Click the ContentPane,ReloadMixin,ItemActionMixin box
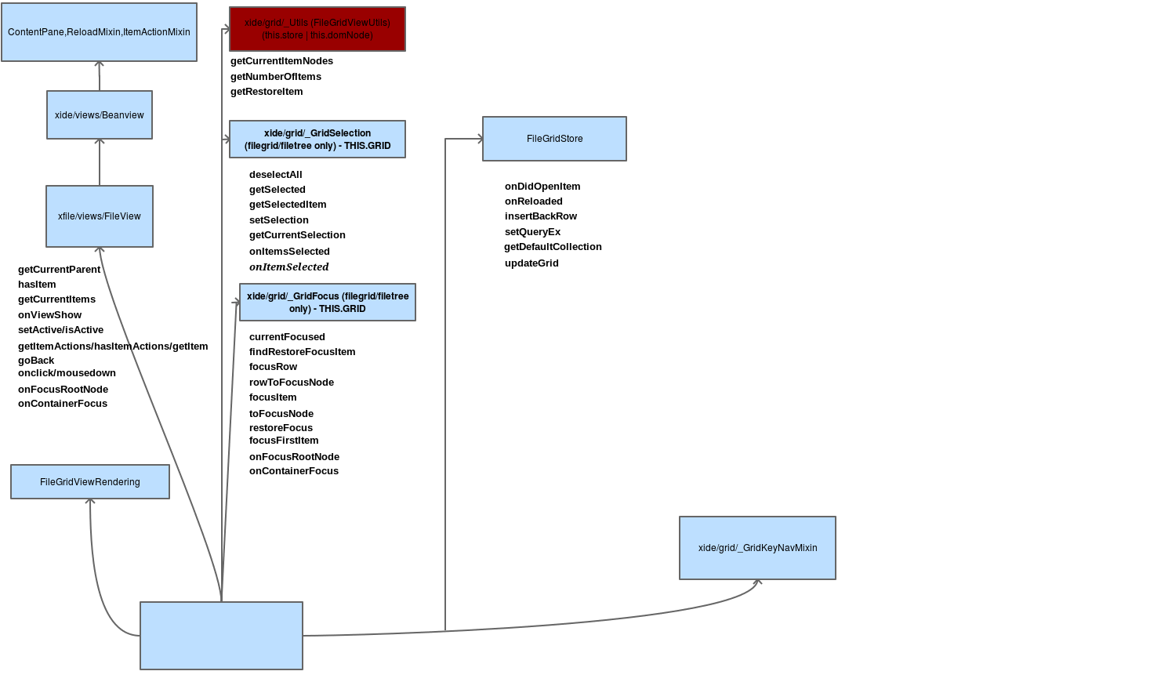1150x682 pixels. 99,32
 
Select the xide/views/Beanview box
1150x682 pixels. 100,115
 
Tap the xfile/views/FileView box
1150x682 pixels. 100,216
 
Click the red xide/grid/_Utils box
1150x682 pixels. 317,29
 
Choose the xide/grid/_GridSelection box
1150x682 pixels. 317,139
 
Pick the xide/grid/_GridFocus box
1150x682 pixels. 327,302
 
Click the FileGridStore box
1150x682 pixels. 554,139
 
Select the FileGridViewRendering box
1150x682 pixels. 90,481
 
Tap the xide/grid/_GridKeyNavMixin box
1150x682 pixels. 757,548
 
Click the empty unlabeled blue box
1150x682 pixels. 221,636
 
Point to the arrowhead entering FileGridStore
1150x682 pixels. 479,139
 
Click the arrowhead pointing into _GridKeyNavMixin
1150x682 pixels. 757,582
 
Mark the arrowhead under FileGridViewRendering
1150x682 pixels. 90,502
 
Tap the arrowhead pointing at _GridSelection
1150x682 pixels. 227,140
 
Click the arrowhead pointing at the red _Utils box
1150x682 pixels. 227,29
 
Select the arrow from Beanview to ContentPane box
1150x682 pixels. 100,76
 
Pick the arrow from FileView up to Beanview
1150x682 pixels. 100,162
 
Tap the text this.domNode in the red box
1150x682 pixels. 342,35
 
